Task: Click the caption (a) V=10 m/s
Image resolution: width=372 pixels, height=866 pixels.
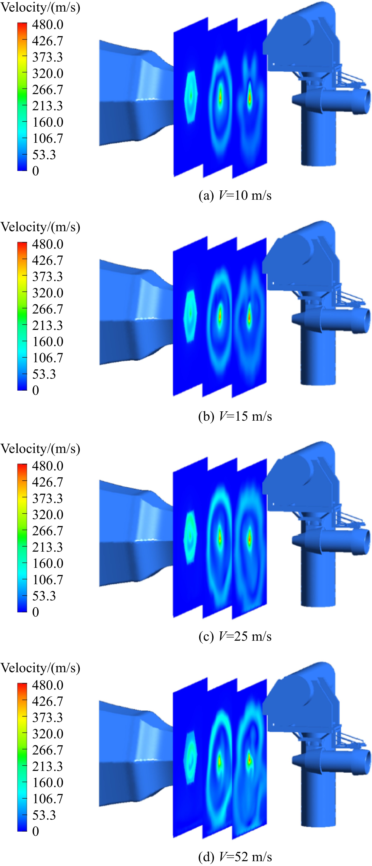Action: click(x=235, y=195)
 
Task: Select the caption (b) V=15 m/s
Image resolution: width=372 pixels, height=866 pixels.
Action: click(x=235, y=416)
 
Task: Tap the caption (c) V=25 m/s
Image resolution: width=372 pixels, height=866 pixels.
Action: click(x=235, y=636)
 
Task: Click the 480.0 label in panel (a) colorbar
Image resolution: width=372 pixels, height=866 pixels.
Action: click(x=48, y=25)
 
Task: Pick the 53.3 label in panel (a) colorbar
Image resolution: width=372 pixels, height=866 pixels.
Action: click(x=44, y=155)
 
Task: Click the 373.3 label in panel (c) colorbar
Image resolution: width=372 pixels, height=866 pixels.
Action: click(x=48, y=499)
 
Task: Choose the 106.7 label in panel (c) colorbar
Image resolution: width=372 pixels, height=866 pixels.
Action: click(x=48, y=580)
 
